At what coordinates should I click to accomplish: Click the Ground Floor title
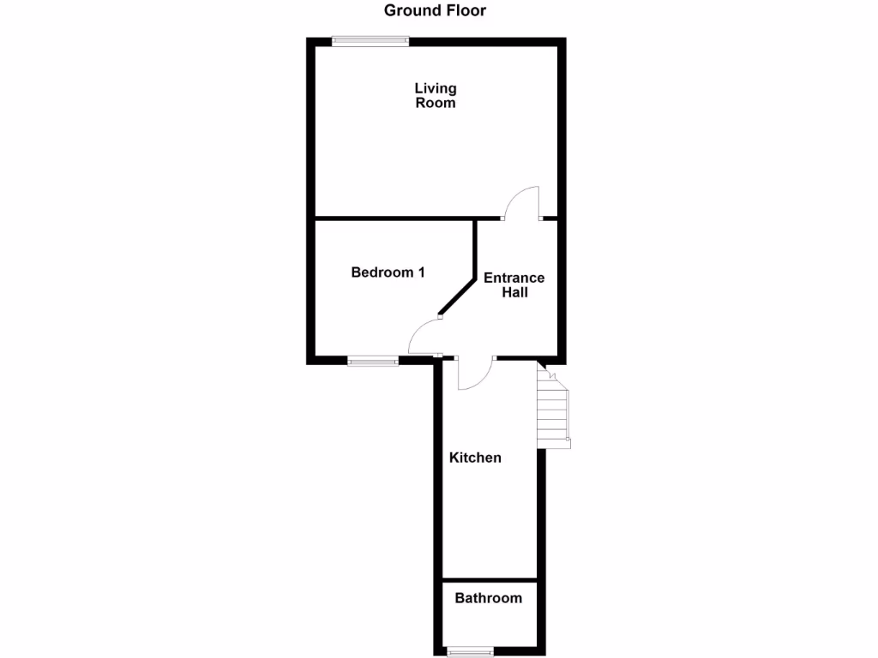click(435, 11)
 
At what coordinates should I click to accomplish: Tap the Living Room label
click(436, 95)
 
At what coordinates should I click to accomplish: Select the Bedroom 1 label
click(388, 272)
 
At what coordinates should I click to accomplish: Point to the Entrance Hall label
click(514, 285)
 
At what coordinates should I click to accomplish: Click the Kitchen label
click(475, 458)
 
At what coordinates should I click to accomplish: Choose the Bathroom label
click(488, 598)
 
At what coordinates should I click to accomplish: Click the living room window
click(370, 39)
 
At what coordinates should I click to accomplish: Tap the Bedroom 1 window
click(373, 362)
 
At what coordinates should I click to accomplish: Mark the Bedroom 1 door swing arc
click(421, 336)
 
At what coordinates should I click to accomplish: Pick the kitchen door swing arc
click(475, 374)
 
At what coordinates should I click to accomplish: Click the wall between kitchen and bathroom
click(489, 580)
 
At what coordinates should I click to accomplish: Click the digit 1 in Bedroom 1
click(421, 272)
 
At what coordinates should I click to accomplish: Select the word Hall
click(514, 293)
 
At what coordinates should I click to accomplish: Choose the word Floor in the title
click(467, 11)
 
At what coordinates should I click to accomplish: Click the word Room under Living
click(436, 103)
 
